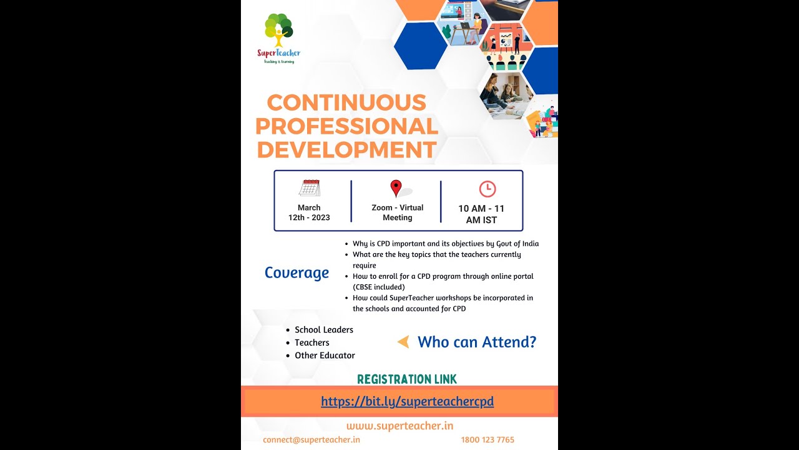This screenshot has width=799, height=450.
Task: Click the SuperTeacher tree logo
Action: [278, 31]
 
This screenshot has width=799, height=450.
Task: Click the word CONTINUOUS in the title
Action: [346, 102]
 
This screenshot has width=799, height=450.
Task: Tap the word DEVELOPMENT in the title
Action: [346, 151]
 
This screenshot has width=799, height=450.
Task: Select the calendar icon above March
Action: [309, 188]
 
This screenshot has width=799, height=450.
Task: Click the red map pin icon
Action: [396, 188]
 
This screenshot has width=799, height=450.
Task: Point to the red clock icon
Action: [487, 189]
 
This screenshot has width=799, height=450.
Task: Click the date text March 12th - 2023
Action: [309, 212]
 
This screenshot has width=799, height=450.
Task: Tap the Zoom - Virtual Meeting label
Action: [398, 212]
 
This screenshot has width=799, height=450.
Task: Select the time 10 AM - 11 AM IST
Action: [481, 214]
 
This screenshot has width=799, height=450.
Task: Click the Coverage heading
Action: [297, 272]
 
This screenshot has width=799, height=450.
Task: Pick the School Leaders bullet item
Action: [324, 329]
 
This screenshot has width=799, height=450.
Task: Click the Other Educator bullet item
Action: [325, 355]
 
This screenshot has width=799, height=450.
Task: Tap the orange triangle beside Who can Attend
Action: [403, 342]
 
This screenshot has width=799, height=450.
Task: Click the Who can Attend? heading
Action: [477, 342]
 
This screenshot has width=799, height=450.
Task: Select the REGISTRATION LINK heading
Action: [407, 379]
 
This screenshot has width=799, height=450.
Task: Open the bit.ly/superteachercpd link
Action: [407, 401]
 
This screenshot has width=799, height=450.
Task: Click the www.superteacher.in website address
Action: [399, 426]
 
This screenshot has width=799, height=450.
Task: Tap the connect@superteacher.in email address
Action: [311, 439]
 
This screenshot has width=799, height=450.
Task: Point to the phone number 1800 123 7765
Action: [488, 439]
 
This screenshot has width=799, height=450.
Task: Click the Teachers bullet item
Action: [312, 342]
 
